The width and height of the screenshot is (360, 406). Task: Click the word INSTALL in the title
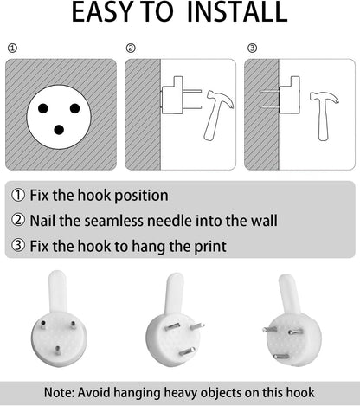(x=237, y=12)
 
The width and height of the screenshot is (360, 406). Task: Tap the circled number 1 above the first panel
(x=12, y=48)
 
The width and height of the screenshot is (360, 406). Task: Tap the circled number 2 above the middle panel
(x=131, y=48)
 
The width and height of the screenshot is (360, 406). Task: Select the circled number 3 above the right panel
(x=252, y=48)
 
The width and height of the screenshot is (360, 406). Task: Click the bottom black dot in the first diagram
(x=59, y=130)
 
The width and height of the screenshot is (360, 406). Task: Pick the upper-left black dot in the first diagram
(x=43, y=108)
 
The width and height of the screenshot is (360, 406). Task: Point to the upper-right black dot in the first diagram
(x=74, y=108)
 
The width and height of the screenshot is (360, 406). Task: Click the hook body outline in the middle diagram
(x=172, y=95)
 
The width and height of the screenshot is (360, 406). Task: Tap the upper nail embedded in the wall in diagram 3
(x=269, y=92)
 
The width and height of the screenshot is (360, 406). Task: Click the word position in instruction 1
(x=141, y=196)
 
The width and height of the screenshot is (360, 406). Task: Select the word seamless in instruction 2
(x=114, y=221)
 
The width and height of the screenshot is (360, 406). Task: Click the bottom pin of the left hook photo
(x=58, y=351)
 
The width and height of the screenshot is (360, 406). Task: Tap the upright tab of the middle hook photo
(x=174, y=293)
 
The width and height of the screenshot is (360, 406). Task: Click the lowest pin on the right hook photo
(x=281, y=357)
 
